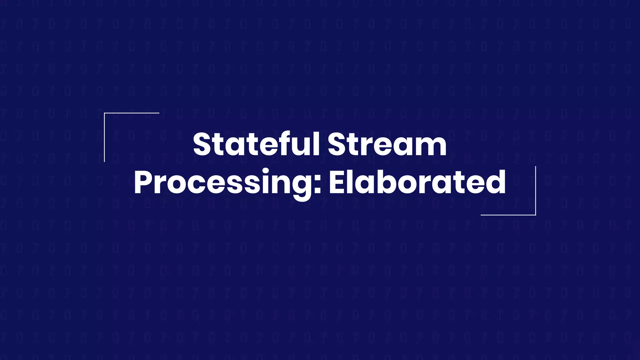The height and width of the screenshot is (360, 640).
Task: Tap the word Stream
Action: pyautogui.click(x=387, y=144)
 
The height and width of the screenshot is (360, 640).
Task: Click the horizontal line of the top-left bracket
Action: pyautogui.click(x=132, y=113)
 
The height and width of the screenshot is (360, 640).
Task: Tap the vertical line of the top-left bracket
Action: pyautogui.click(x=104, y=137)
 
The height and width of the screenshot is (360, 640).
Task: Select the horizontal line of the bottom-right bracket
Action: pyautogui.click(x=508, y=215)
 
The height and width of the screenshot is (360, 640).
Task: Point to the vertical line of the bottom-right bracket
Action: pyautogui.click(x=536, y=191)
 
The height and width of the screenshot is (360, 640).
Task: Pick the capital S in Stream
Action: pyautogui.click(x=337, y=144)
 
